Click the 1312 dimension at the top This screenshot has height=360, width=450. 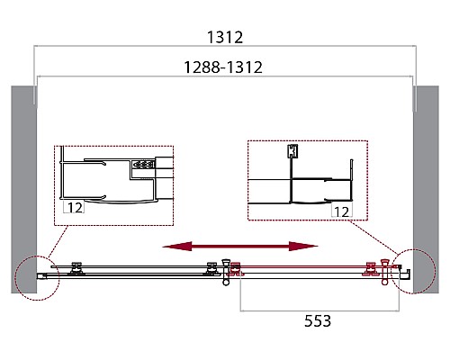point(225,38)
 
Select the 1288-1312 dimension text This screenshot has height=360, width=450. point(223,67)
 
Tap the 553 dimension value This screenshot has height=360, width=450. point(318,320)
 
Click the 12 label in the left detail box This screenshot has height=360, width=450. point(75,208)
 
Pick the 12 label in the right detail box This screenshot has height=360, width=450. point(342,211)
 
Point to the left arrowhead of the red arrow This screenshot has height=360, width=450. point(177,247)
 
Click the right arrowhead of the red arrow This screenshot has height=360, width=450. point(303,247)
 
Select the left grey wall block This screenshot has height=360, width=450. point(23,190)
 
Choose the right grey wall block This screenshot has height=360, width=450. point(426,190)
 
